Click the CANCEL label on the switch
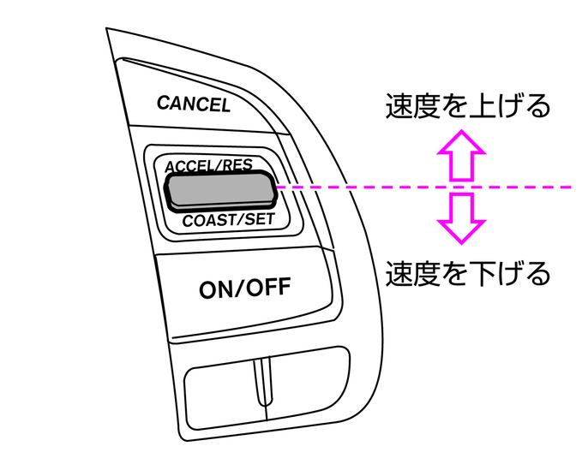tap(193, 104)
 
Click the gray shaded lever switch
tap(220, 191)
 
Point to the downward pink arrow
tap(462, 218)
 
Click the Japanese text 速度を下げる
tap(466, 273)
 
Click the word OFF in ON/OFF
tap(267, 289)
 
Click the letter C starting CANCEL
tap(163, 103)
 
